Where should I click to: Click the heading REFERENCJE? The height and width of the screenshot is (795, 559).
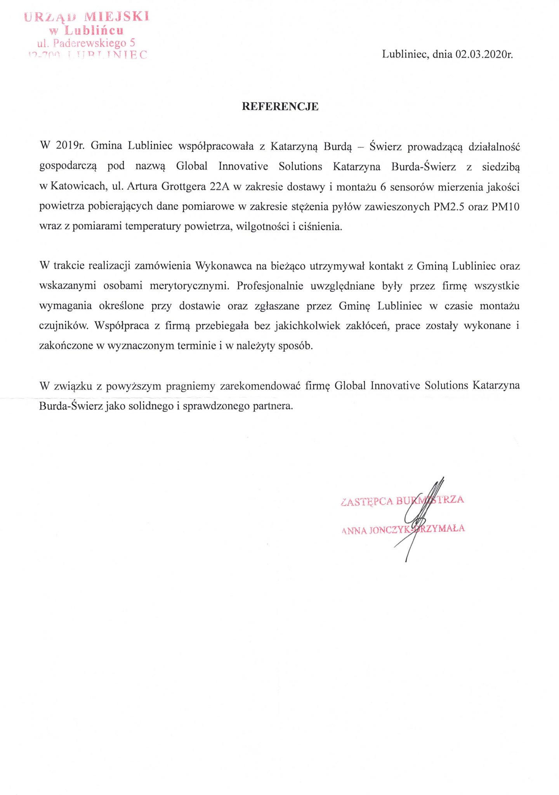point(280,107)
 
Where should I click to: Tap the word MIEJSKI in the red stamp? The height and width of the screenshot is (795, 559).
point(117,17)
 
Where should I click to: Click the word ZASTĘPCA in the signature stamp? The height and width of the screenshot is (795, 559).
point(367,501)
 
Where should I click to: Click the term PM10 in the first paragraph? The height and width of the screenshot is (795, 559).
point(505,207)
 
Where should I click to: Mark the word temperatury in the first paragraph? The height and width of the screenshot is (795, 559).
point(153,227)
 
